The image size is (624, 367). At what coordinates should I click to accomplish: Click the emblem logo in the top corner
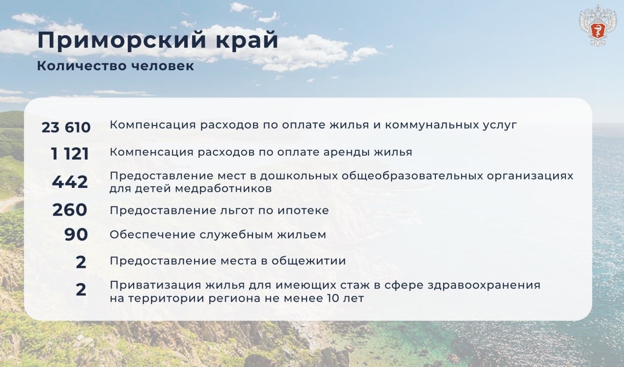(597, 26)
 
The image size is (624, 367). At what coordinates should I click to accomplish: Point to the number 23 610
(66, 127)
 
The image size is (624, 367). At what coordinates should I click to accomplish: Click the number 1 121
(70, 154)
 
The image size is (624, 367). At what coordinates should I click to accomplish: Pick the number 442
(70, 182)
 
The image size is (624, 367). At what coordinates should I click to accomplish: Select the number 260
(70, 210)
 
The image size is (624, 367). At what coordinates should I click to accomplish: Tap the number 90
(76, 234)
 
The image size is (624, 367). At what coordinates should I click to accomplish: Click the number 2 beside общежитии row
(81, 262)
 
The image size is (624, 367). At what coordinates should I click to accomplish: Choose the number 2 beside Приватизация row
(81, 289)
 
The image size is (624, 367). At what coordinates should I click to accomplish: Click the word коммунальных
(431, 125)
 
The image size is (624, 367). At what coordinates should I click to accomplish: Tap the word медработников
(223, 189)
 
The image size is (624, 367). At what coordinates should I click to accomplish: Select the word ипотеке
(303, 210)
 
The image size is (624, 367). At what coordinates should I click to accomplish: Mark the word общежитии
(309, 261)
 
